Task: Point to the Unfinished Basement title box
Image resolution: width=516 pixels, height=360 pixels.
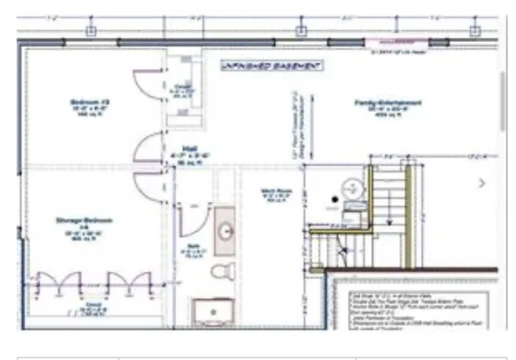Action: pos(271,65)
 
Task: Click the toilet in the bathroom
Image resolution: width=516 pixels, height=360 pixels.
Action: pos(222,270)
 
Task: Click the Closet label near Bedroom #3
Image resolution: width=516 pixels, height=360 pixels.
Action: pos(183,88)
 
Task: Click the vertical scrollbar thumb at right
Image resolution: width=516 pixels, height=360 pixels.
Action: pos(503,100)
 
